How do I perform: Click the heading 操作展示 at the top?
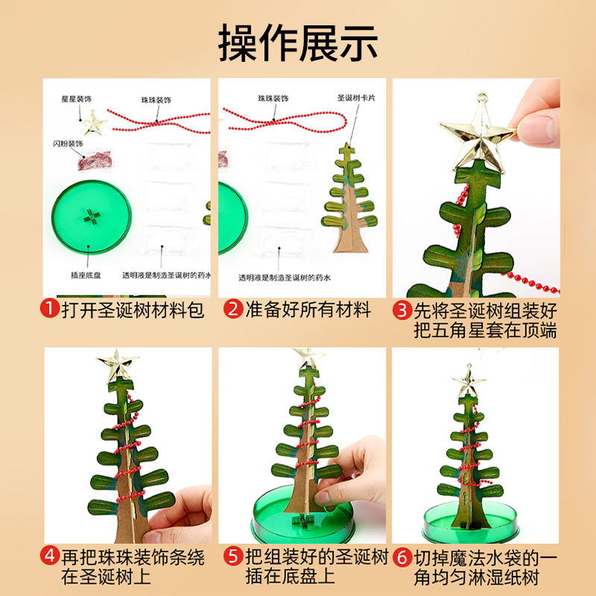click(298, 42)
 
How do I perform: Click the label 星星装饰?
click(76, 98)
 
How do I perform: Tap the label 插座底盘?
click(87, 276)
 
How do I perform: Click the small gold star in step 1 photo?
click(94, 122)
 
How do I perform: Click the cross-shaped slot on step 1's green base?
click(92, 216)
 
